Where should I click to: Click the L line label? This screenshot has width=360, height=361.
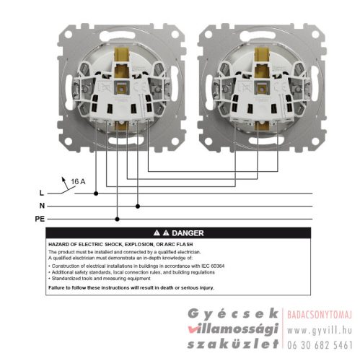click(41, 193)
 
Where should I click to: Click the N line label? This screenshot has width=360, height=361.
click(41, 206)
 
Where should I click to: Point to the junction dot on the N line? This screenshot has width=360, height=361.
click(138, 206)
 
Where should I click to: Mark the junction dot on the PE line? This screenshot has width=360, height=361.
click(118, 218)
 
